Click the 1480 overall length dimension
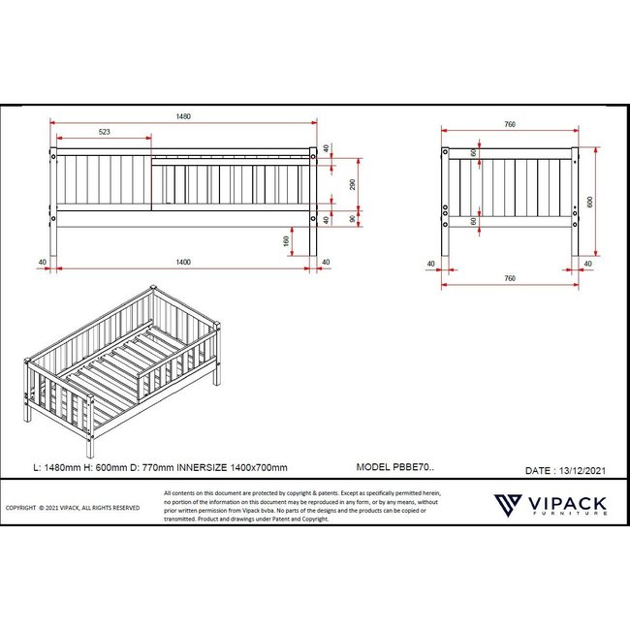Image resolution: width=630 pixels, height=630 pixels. point(183,117)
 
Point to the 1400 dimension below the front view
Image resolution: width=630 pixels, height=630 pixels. point(182,262)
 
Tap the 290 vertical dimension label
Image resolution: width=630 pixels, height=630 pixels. point(354,185)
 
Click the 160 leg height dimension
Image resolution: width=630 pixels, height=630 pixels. point(287,241)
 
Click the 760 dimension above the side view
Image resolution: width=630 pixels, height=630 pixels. point(509,125)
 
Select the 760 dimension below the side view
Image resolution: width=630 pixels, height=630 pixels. point(509,279)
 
